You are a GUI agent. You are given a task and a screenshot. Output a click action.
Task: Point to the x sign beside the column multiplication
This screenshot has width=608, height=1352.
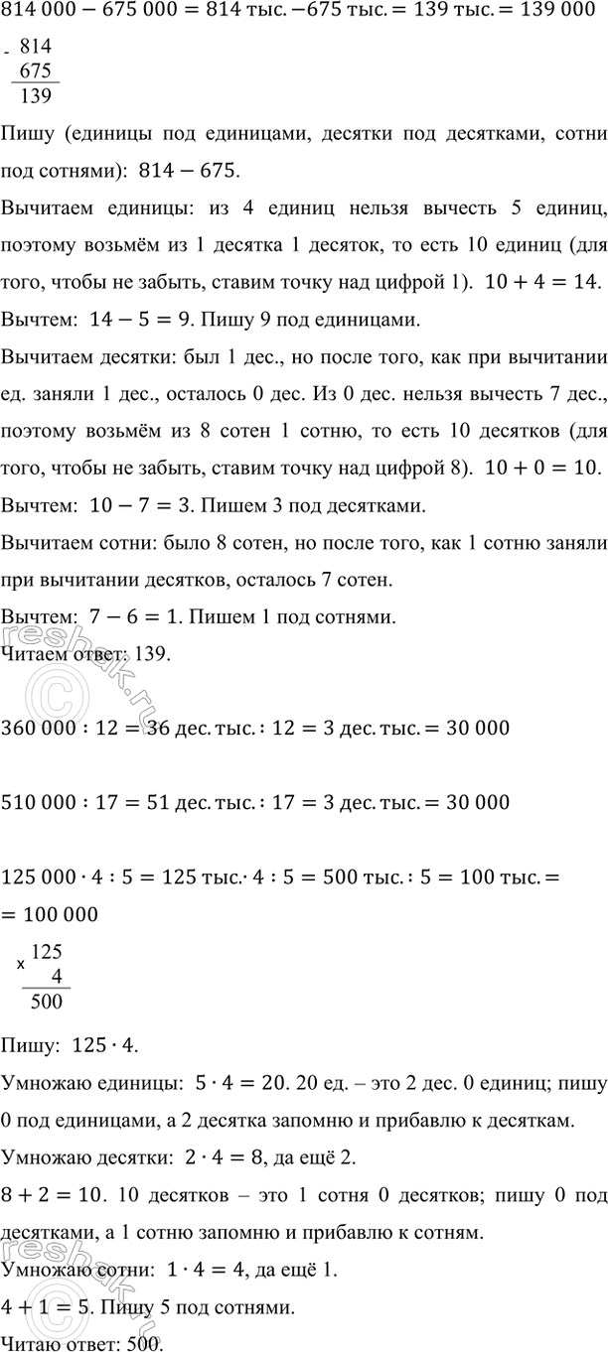pos(21,964)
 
